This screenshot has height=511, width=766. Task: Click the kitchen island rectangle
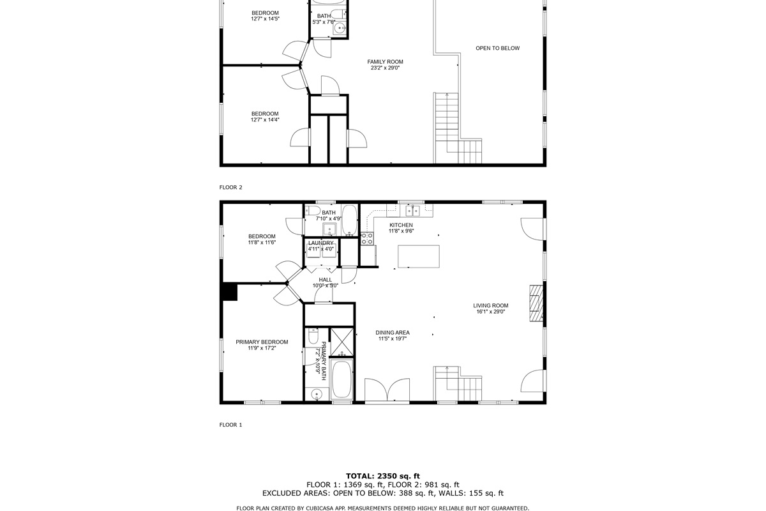pos(419,256)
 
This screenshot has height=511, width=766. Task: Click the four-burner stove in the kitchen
pos(367,238)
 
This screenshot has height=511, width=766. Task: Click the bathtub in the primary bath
pos(342,379)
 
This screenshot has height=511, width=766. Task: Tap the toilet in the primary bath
pos(313,337)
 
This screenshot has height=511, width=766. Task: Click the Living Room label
pos(490,305)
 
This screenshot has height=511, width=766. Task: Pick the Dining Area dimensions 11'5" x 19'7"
pos(393,339)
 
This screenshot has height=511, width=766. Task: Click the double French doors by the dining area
pos(387,390)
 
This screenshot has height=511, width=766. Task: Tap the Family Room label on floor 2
pos(385,62)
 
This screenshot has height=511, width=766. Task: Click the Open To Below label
pos(497,48)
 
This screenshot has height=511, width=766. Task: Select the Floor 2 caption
pos(230,187)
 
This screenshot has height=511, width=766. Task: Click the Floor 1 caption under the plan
pos(230,425)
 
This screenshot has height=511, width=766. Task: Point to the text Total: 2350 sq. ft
pos(382,476)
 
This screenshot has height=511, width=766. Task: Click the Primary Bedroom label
pos(262,342)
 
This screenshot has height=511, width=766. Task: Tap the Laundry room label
pos(320,243)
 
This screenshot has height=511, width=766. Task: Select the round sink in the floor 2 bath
pos(340,27)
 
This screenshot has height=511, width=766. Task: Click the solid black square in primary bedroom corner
pos(230,292)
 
